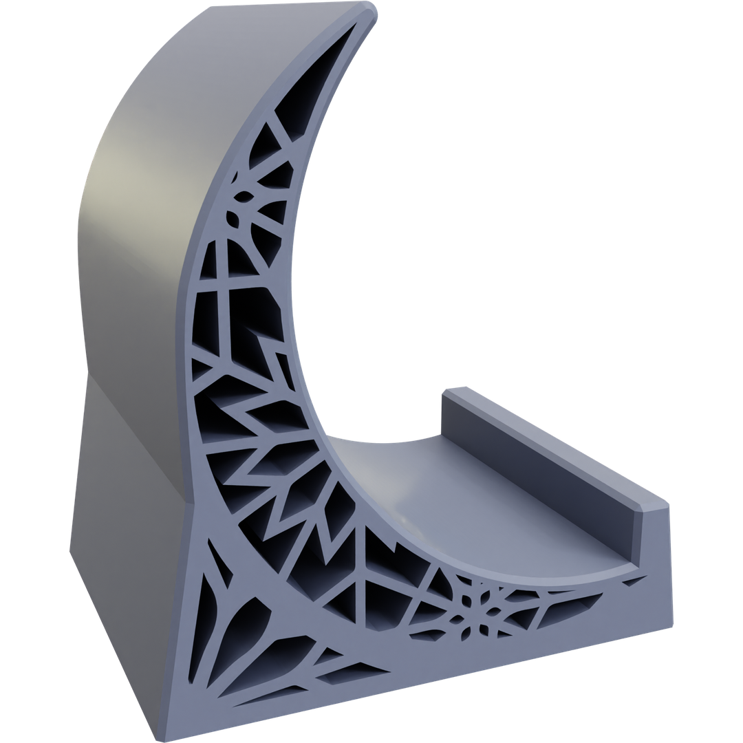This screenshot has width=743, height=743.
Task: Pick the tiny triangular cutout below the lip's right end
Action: [630, 583]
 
